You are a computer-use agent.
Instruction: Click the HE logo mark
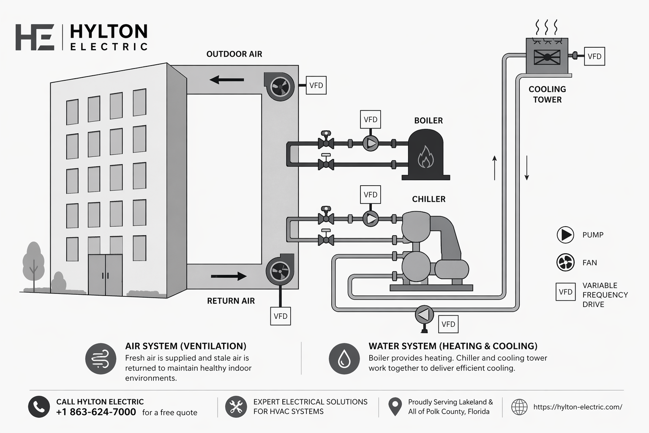coord(35,37)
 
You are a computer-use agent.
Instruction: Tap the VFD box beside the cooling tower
coord(594,56)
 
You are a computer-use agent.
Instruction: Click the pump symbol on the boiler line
coord(371,143)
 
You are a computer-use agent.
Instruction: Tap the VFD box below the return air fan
coord(280,316)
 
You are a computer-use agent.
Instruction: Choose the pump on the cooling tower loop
coord(424,314)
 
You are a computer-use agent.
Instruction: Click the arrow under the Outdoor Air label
coord(227,79)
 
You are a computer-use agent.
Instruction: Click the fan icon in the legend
coord(565,263)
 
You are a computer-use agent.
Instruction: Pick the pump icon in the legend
coord(565,235)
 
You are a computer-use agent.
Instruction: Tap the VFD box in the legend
coord(565,292)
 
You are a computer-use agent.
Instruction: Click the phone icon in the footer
coord(39,407)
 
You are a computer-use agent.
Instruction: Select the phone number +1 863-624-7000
coord(96,412)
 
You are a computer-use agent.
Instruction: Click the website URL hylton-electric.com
coord(578,407)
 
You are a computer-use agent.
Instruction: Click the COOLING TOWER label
coord(547,94)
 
